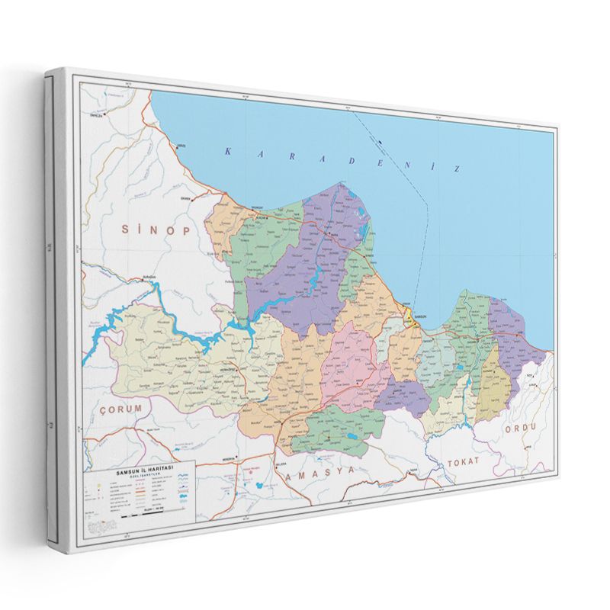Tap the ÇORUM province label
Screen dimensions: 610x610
point(121,409)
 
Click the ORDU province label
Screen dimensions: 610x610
point(521,428)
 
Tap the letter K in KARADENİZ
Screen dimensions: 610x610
point(227,152)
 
